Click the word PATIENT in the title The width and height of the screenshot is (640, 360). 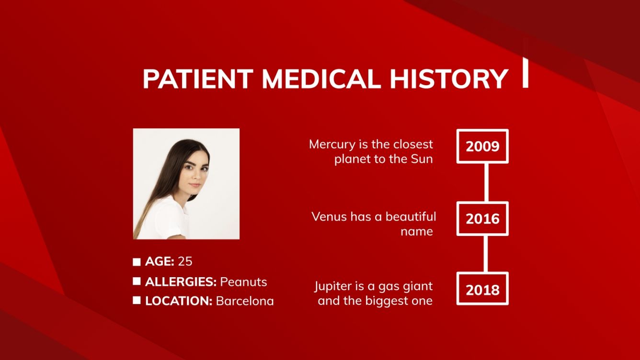tap(198, 79)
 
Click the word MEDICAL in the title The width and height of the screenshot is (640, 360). tap(321, 79)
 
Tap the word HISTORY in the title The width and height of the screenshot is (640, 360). tap(449, 79)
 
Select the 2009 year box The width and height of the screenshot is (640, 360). tap(482, 146)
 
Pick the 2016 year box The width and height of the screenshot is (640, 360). tap(482, 219)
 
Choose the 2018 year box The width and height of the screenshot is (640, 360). tap(482, 289)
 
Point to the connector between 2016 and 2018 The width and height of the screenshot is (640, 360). tap(486, 254)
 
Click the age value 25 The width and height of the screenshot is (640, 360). tap(185, 261)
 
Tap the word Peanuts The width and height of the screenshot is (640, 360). tap(243, 281)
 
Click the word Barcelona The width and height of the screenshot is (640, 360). tap(245, 301)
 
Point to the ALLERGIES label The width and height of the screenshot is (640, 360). tap(181, 281)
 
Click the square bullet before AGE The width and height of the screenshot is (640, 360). tap(137, 262)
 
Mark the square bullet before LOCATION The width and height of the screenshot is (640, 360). tap(137, 301)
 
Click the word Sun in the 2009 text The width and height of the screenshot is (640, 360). tap(422, 159)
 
